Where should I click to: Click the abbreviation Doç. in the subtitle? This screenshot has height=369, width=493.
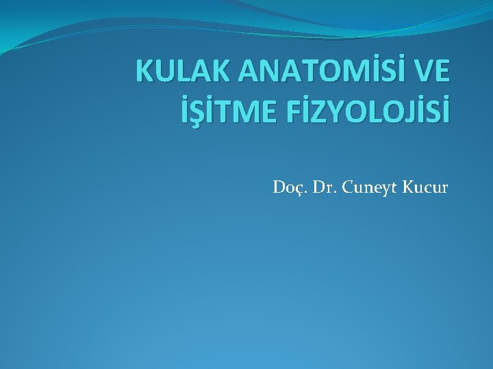pos(288,186)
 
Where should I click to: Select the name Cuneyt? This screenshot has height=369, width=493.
pos(370,186)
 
